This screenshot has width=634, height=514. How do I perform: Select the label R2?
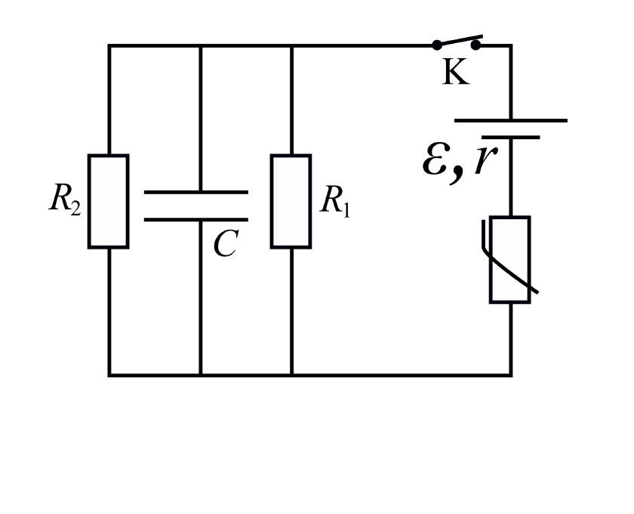(x=65, y=199)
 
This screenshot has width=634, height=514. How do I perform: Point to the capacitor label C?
(x=226, y=243)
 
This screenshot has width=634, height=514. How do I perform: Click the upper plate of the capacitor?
(x=196, y=193)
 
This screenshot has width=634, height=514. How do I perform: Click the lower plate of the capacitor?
(x=196, y=219)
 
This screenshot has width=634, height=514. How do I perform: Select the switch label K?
(x=456, y=72)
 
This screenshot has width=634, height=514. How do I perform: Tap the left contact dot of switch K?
(x=437, y=45)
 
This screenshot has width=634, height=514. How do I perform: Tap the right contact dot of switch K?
(x=476, y=45)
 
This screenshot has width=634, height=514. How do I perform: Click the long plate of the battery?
(x=511, y=120)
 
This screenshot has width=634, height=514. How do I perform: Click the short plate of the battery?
(x=511, y=138)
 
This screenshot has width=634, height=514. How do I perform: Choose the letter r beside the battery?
(x=486, y=159)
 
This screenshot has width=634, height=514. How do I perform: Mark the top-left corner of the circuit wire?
(x=109, y=46)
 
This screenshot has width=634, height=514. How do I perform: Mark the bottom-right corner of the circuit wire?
(x=511, y=375)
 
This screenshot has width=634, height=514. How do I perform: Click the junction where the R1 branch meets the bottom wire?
(x=291, y=375)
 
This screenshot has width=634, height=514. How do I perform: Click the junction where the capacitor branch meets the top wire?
(x=201, y=46)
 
